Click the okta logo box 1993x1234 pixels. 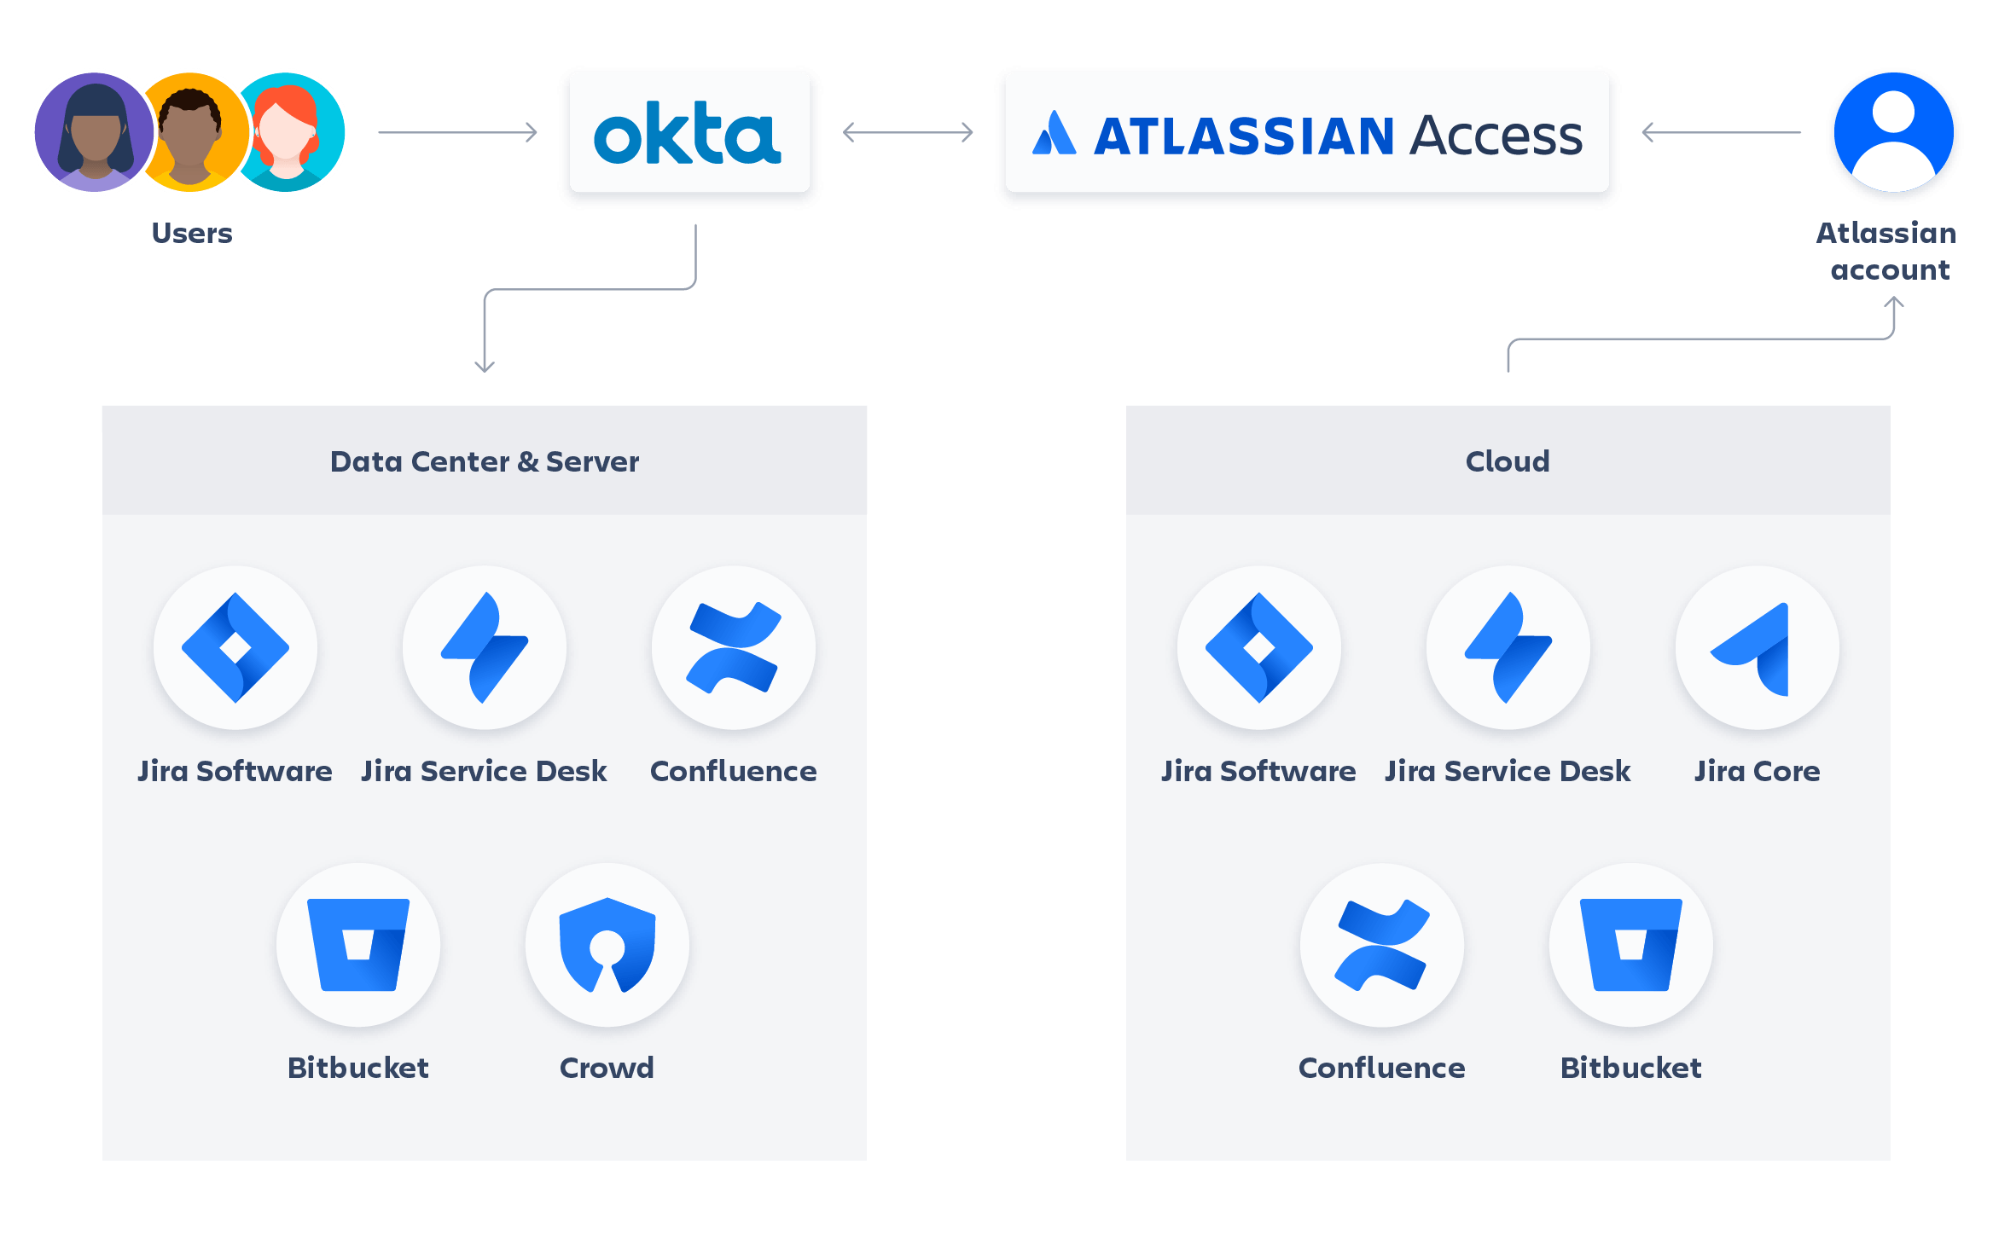pyautogui.click(x=689, y=134)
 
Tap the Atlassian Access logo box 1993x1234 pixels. pyautogui.click(x=1307, y=135)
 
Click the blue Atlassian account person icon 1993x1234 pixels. pyautogui.click(x=1893, y=134)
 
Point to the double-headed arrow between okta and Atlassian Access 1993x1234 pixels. pyautogui.click(x=908, y=132)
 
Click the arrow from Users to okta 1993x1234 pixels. pyautogui.click(x=458, y=132)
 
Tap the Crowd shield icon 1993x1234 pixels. pyautogui.click(x=607, y=945)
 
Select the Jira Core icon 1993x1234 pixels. pyautogui.click(x=1757, y=648)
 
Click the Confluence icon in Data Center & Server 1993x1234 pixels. pyautogui.click(x=733, y=648)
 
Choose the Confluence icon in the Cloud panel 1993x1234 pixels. pyautogui.click(x=1381, y=945)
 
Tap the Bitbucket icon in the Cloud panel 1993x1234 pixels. pyautogui.click(x=1630, y=945)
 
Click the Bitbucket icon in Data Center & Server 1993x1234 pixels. pyautogui.click(x=358, y=945)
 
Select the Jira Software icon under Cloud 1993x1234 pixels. pyautogui.click(x=1258, y=648)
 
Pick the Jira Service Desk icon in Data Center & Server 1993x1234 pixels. pyautogui.click(x=484, y=648)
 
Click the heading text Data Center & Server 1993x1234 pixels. pyautogui.click(x=484, y=461)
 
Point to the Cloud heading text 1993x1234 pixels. pyautogui.click(x=1507, y=461)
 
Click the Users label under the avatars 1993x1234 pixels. pyautogui.click(x=192, y=233)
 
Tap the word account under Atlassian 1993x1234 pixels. pyautogui.click(x=1890, y=270)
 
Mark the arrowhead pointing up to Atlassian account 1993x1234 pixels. pyautogui.click(x=1893, y=302)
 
